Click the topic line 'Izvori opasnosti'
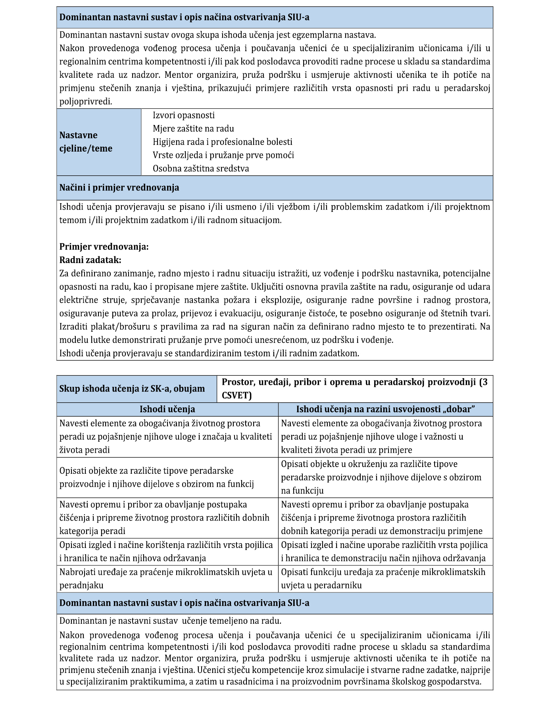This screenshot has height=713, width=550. click(183, 115)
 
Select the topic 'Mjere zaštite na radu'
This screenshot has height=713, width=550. click(193, 129)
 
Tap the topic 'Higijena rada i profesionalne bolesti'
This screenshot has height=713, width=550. click(222, 142)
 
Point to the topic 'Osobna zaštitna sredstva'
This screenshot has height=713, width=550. click(201, 169)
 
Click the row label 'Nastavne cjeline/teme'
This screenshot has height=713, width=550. click(86, 142)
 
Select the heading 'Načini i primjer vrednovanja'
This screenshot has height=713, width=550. click(119, 188)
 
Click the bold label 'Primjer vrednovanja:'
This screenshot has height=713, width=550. click(104, 247)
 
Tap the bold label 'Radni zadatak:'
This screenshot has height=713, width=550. click(90, 260)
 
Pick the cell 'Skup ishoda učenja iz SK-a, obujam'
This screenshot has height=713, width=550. click(132, 389)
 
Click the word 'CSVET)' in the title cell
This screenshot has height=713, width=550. click(237, 396)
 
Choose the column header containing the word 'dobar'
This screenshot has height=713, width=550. click(385, 409)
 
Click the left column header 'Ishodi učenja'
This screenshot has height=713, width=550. click(167, 409)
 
